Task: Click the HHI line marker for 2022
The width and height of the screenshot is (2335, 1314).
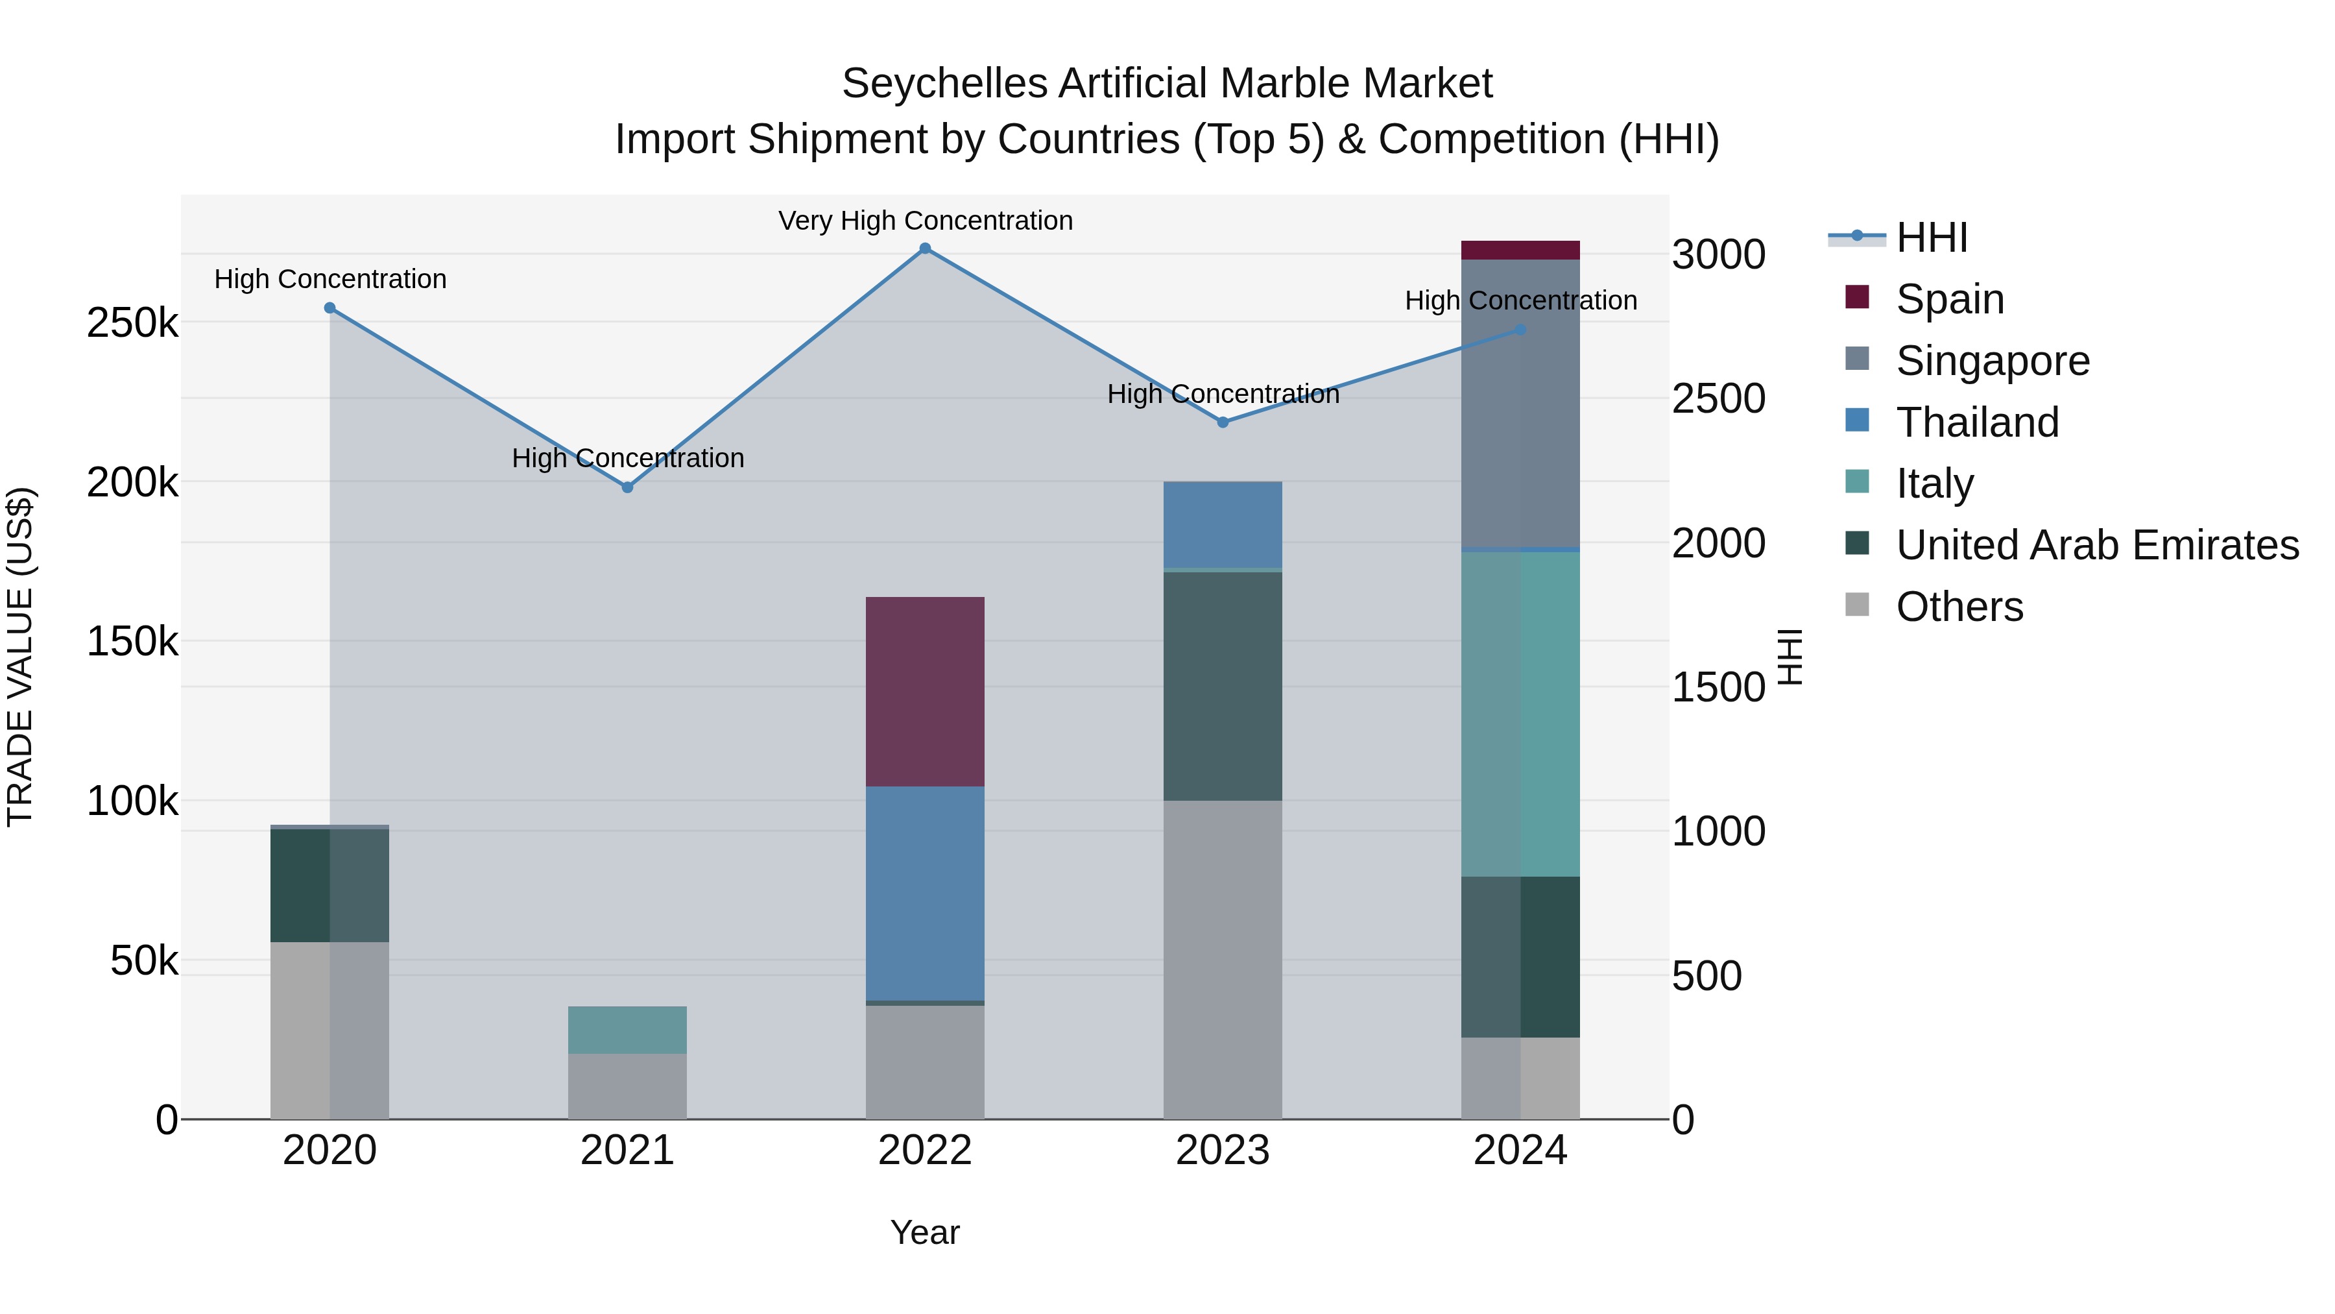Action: (x=924, y=249)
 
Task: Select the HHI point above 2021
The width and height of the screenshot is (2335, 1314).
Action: (x=627, y=487)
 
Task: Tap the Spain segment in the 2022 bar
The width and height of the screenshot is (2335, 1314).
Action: (x=924, y=691)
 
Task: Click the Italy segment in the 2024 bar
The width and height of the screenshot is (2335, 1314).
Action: (x=1520, y=714)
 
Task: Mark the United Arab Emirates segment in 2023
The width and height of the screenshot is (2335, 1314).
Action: (x=1222, y=686)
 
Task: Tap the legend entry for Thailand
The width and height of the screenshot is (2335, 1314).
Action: (x=1976, y=422)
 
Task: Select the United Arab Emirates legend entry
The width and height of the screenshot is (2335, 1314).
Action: (x=2096, y=545)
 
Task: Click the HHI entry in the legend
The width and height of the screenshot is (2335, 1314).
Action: (x=1931, y=237)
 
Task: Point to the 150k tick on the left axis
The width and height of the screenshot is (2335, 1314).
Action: (x=132, y=642)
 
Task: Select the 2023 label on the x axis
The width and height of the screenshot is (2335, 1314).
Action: (x=1222, y=1150)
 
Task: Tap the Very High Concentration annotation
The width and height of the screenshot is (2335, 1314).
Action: (x=924, y=221)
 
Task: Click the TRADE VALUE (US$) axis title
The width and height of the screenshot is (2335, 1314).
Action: (x=20, y=657)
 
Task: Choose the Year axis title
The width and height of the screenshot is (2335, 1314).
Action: (x=924, y=1232)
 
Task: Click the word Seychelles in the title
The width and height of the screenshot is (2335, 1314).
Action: (x=944, y=84)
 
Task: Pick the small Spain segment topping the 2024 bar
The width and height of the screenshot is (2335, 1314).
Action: (x=1520, y=250)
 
